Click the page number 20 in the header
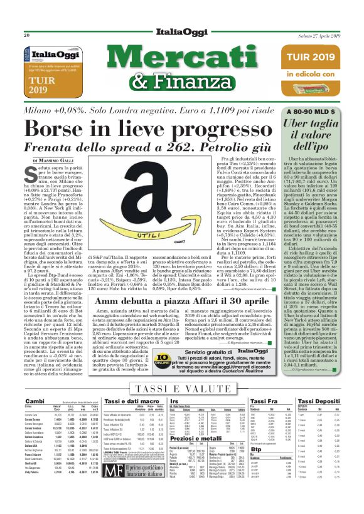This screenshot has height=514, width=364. click(27, 35)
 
